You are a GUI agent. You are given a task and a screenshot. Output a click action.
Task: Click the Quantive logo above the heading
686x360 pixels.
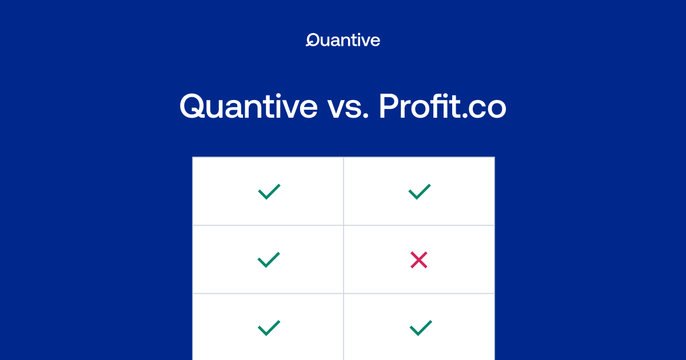tap(343, 40)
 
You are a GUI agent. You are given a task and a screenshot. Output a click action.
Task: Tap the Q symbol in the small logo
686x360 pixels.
tap(312, 40)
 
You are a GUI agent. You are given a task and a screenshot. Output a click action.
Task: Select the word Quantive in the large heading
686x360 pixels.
tap(248, 106)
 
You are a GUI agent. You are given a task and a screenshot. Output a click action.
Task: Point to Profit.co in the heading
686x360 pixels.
tap(442, 106)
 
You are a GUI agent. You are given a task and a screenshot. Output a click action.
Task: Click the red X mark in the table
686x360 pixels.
tap(419, 261)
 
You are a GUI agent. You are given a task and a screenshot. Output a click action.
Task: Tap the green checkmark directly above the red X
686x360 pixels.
tap(419, 191)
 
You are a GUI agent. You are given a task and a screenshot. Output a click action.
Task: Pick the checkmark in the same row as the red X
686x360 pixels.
tap(269, 260)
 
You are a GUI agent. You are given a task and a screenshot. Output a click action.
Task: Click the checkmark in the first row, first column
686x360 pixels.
tap(269, 191)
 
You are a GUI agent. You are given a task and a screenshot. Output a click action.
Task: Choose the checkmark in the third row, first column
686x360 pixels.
tap(269, 328)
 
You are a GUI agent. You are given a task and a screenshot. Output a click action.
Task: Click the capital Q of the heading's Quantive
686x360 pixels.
tap(194, 106)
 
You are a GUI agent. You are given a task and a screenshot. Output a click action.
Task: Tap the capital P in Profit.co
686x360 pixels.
tap(389, 106)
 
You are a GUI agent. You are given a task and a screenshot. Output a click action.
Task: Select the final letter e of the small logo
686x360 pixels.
tap(375, 41)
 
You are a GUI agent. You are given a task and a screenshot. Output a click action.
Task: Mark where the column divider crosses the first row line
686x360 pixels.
tap(344, 225)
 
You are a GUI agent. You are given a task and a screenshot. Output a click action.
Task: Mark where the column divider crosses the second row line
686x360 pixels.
tap(344, 293)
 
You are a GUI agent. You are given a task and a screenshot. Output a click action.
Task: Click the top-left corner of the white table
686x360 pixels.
tap(193, 157)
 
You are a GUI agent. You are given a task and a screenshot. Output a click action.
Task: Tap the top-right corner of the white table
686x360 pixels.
tap(494, 157)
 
